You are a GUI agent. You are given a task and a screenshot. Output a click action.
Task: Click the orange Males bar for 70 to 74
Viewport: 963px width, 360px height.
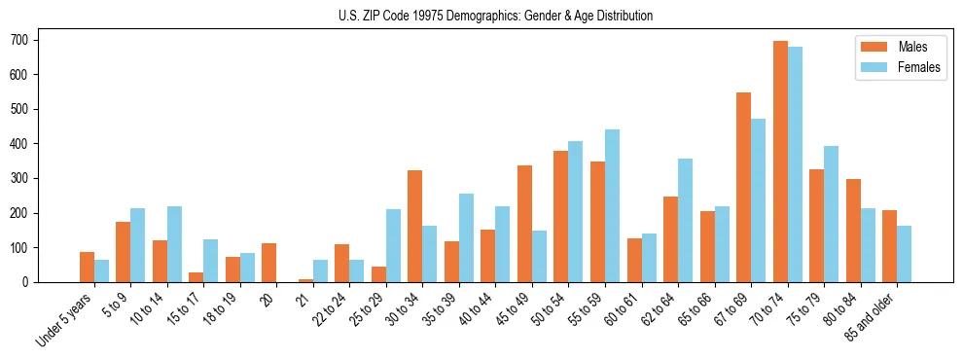[780, 162]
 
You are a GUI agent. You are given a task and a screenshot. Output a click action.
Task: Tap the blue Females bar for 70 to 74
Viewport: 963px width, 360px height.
[795, 164]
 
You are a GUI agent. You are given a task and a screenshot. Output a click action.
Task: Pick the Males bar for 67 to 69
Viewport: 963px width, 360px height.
[743, 187]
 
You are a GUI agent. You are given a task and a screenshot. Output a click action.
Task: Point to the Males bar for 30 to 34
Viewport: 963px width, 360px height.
[415, 226]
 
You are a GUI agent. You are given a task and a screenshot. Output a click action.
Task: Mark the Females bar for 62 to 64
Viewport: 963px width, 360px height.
[685, 220]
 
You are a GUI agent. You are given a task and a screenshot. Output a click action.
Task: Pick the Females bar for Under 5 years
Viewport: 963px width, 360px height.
[101, 270]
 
